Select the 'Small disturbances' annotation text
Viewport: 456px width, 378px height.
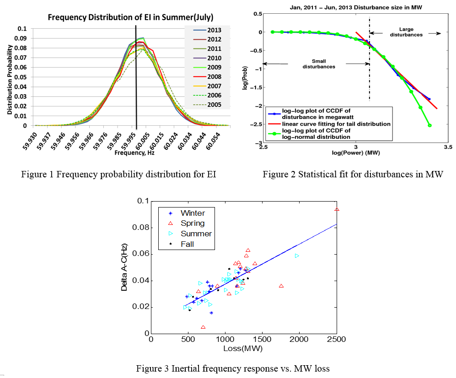pyautogui.click(x=319, y=64)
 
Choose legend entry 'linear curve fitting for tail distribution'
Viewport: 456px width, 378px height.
pyautogui.click(x=336, y=123)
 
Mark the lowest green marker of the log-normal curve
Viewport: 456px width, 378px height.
pyautogui.click(x=429, y=125)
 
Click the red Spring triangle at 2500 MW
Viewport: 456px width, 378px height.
pyautogui.click(x=337, y=209)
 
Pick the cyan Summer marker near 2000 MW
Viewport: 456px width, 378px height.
pyautogui.click(x=297, y=256)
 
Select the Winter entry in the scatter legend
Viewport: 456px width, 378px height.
pyautogui.click(x=192, y=213)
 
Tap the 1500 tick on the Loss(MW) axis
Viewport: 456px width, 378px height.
pyautogui.click(x=263, y=340)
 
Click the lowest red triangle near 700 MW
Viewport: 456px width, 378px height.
pyautogui.click(x=203, y=327)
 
